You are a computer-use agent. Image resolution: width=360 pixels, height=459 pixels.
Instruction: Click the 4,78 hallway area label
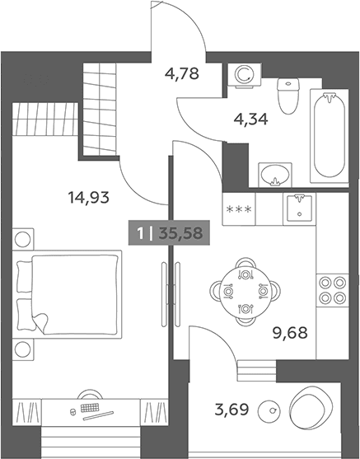[x=182, y=73]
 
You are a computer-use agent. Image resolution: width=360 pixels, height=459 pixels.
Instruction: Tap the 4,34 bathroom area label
[x=250, y=119]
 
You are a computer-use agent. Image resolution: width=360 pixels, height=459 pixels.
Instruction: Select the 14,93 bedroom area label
[x=89, y=197]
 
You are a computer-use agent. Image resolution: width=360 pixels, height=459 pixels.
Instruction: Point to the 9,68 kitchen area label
[x=290, y=333]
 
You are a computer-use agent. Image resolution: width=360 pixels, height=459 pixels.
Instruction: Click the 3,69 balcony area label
[x=231, y=410]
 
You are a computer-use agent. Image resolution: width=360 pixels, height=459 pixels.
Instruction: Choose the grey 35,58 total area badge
[x=169, y=233]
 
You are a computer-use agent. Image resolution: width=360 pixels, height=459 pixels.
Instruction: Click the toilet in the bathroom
[x=288, y=96]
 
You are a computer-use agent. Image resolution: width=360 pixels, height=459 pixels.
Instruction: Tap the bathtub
[x=330, y=136]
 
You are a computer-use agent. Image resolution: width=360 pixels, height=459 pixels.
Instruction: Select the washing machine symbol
[x=245, y=75]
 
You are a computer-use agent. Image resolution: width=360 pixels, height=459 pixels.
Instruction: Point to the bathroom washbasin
[x=275, y=175]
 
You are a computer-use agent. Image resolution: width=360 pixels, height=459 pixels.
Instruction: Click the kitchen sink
[x=299, y=209]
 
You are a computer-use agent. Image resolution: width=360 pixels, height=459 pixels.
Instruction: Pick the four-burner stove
[x=332, y=291]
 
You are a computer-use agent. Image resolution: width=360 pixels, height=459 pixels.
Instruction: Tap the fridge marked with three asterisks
[x=239, y=209]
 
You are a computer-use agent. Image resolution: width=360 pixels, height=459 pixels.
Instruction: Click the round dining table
[x=245, y=292]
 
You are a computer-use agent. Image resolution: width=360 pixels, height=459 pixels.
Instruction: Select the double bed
[x=67, y=294]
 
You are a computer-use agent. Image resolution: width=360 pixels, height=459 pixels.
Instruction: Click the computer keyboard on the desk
[x=90, y=407]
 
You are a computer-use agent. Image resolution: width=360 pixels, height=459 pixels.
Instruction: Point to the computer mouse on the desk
[x=72, y=411]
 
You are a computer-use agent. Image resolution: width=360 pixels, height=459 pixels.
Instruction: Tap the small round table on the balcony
[x=269, y=411]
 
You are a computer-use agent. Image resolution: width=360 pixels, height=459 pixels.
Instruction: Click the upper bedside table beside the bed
[x=23, y=239]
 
